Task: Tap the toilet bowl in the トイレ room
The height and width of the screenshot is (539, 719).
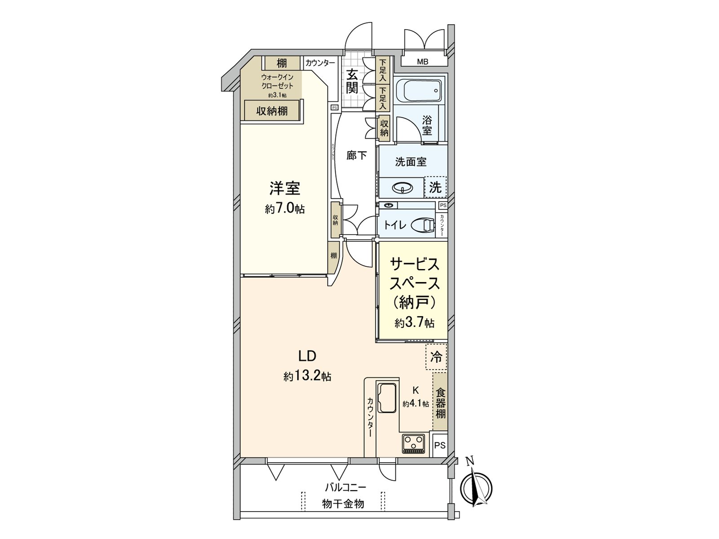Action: [422, 225]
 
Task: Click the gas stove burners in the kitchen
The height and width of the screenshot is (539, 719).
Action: [413, 444]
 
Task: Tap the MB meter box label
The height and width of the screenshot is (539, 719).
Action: [422, 62]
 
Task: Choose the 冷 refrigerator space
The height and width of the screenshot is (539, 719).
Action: [436, 357]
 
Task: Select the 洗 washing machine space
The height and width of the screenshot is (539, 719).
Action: [435, 187]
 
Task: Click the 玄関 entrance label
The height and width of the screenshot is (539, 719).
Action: [352, 81]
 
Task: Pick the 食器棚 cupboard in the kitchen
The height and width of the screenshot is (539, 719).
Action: [440, 402]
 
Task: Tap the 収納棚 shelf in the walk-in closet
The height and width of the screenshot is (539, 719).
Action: [272, 110]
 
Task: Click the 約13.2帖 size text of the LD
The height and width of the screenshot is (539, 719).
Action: [307, 376]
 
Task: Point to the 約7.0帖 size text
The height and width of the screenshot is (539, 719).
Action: [284, 209]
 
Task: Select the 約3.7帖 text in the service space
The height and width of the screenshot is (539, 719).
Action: [414, 323]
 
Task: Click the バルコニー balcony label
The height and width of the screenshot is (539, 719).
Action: [346, 487]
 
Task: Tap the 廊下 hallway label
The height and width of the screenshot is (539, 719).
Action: [356, 155]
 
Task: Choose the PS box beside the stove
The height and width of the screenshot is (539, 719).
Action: [440, 445]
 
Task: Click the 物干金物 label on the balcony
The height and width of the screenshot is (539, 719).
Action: [343, 504]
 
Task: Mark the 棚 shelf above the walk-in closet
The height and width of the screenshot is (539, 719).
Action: [281, 63]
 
